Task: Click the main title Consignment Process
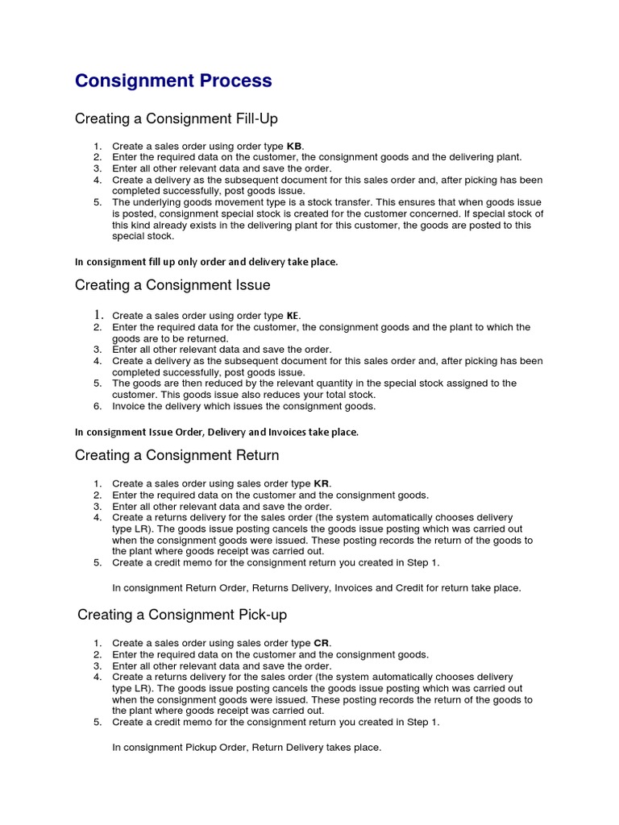pos(173,81)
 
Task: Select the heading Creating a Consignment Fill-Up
pos(176,119)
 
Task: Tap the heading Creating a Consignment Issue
pos(172,285)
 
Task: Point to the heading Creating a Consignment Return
pos(177,455)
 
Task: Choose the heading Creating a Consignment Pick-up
pos(182,615)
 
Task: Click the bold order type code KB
pos(294,146)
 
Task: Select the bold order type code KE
pos(293,316)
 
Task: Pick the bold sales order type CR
pos(322,643)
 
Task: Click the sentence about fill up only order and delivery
pos(206,262)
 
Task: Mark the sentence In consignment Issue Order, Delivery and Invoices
pos(216,432)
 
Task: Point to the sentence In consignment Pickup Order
pos(247,748)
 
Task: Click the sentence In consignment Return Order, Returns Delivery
pos(317,588)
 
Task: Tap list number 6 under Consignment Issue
pos(97,406)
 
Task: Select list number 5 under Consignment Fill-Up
pos(97,202)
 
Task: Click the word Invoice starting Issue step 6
pos(129,406)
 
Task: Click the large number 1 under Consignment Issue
pos(96,315)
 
